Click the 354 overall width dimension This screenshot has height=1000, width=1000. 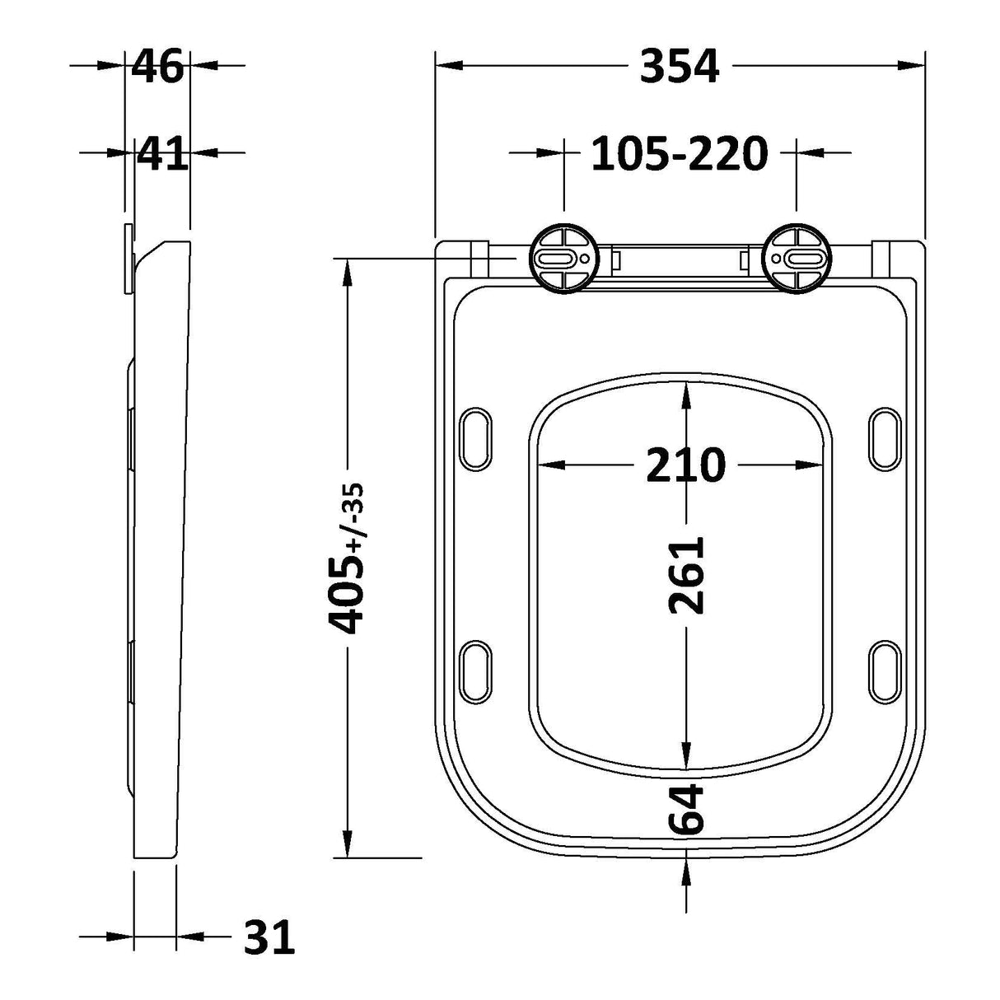coord(680,66)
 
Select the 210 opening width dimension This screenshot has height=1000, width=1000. coord(685,466)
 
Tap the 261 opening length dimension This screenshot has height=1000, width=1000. coord(685,575)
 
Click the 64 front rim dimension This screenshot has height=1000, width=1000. coord(685,810)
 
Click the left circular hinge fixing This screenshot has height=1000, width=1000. coord(563,258)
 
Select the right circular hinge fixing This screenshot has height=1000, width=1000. coord(795,258)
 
